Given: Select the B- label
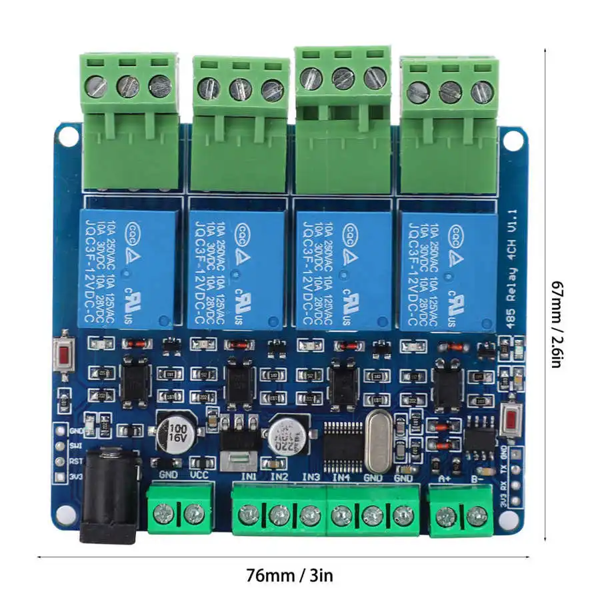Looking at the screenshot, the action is pyautogui.click(x=477, y=477).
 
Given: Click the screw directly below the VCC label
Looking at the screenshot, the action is pyautogui.click(x=194, y=513).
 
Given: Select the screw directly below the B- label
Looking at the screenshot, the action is pyautogui.click(x=477, y=514).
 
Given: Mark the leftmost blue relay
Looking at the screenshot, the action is pyautogui.click(x=128, y=267).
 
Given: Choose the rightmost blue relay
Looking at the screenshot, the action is pyautogui.click(x=447, y=269).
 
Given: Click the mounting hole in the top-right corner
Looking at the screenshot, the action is pyautogui.click(x=511, y=139).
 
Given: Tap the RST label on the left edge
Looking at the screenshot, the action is pyautogui.click(x=76, y=461).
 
